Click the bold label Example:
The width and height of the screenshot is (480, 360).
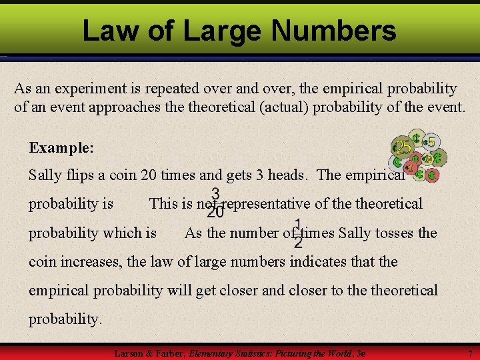61,147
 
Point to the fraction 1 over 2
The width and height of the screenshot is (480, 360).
298,233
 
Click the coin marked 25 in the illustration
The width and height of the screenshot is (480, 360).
403,146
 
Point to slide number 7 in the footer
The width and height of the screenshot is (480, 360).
470,353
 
